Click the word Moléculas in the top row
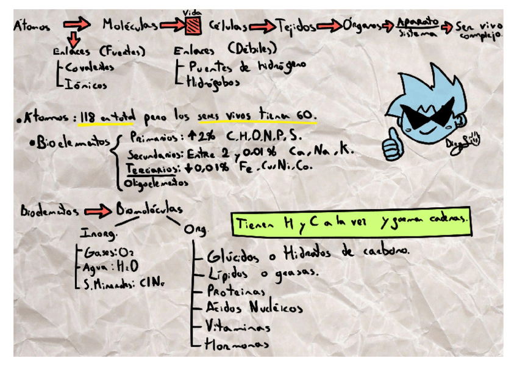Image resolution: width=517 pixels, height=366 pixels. (130, 25)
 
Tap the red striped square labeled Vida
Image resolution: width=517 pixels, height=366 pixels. (193, 25)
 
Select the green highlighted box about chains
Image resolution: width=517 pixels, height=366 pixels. (352, 222)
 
